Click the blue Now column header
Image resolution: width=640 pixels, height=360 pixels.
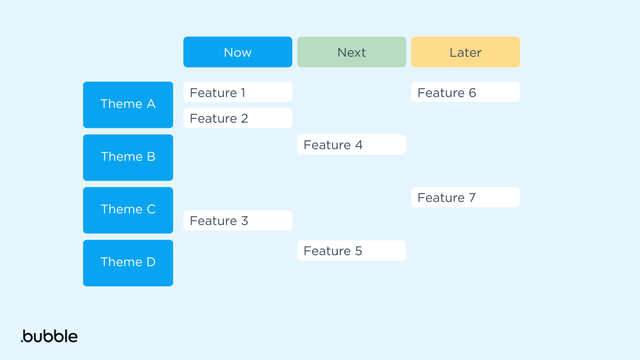click(x=237, y=52)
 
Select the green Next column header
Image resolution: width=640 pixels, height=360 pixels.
click(x=351, y=52)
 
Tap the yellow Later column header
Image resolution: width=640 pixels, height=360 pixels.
click(x=465, y=52)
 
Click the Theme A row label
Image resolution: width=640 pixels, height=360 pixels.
click(x=128, y=104)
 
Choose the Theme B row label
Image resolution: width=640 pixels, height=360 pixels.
click(x=128, y=157)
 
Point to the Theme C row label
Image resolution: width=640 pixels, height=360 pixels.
click(x=128, y=210)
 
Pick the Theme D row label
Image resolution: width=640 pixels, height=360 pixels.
click(x=128, y=262)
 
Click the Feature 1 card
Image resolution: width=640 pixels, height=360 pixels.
click(x=237, y=92)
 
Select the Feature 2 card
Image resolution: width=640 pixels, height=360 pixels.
click(x=237, y=118)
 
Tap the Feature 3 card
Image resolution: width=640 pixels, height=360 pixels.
click(x=237, y=221)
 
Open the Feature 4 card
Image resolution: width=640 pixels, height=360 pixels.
click(x=351, y=145)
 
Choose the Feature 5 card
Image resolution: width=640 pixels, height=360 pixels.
click(x=351, y=251)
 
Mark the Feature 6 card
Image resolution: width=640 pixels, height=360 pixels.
click(x=465, y=92)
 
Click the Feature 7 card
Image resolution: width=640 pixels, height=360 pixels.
click(x=465, y=198)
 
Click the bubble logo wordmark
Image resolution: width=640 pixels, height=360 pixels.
click(x=50, y=336)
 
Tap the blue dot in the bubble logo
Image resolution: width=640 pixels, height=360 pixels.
click(x=22, y=341)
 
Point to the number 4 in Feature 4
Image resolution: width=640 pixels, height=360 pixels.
click(x=359, y=145)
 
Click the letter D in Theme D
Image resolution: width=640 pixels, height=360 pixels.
click(x=150, y=262)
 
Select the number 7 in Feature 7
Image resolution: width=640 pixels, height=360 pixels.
click(x=472, y=198)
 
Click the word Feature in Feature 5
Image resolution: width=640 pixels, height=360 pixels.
click(x=327, y=251)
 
